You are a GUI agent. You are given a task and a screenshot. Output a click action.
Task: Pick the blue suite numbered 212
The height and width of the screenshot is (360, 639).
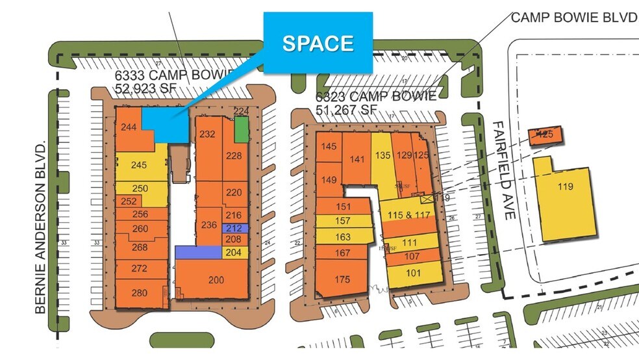(234, 228)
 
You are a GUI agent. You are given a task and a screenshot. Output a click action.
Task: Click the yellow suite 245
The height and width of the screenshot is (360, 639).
(140, 165)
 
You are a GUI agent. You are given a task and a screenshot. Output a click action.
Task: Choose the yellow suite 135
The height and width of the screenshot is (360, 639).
(382, 155)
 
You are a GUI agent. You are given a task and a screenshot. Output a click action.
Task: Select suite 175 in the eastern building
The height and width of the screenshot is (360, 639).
(342, 279)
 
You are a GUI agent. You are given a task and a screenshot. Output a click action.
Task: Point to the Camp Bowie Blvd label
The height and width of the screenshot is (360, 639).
(574, 17)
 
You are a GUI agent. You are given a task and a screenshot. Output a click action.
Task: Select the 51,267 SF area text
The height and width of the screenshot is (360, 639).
(346, 109)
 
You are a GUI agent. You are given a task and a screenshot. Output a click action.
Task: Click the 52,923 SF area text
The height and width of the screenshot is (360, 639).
(144, 88)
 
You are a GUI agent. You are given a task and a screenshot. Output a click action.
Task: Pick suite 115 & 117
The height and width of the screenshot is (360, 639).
(409, 215)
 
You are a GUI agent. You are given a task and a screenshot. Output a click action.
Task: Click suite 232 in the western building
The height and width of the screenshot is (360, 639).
(207, 135)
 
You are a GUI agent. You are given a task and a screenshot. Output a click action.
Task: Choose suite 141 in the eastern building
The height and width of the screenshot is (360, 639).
(357, 159)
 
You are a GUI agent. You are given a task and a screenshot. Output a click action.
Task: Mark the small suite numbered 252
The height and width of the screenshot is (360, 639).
(129, 201)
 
